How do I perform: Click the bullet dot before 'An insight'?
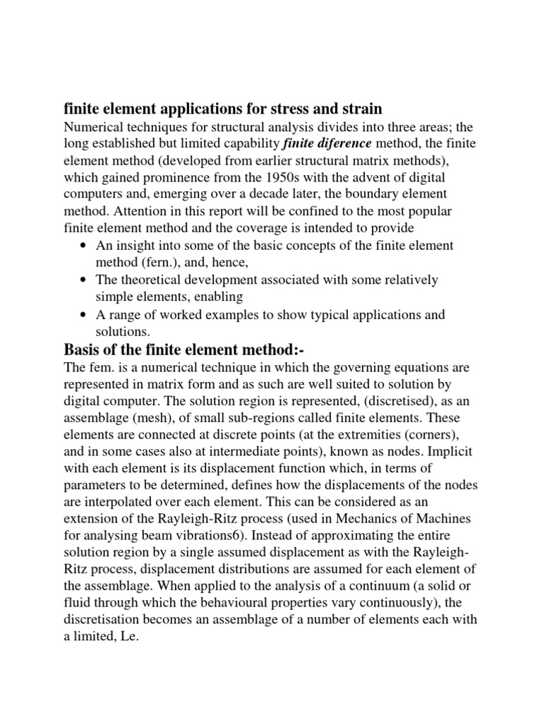coord(85,245)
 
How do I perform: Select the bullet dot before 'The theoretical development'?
coord(85,280)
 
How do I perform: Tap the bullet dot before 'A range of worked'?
coord(85,314)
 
